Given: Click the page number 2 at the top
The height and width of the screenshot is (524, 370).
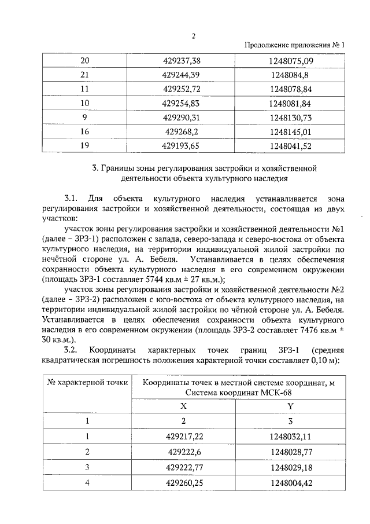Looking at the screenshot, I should [194, 35].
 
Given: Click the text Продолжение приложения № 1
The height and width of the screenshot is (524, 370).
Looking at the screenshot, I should [294, 45].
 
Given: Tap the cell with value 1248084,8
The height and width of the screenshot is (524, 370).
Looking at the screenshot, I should [290, 75].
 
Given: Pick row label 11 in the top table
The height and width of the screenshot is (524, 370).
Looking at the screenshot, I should [85, 89].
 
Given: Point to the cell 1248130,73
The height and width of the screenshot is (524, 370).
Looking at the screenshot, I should [290, 118].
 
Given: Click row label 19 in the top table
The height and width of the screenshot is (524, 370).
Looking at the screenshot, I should [85, 146].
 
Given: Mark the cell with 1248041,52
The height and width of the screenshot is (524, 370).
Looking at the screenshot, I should [290, 146].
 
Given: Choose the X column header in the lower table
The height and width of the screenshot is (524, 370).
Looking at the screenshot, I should [184, 406].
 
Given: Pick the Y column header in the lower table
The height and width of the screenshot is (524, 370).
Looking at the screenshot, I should [290, 406].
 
